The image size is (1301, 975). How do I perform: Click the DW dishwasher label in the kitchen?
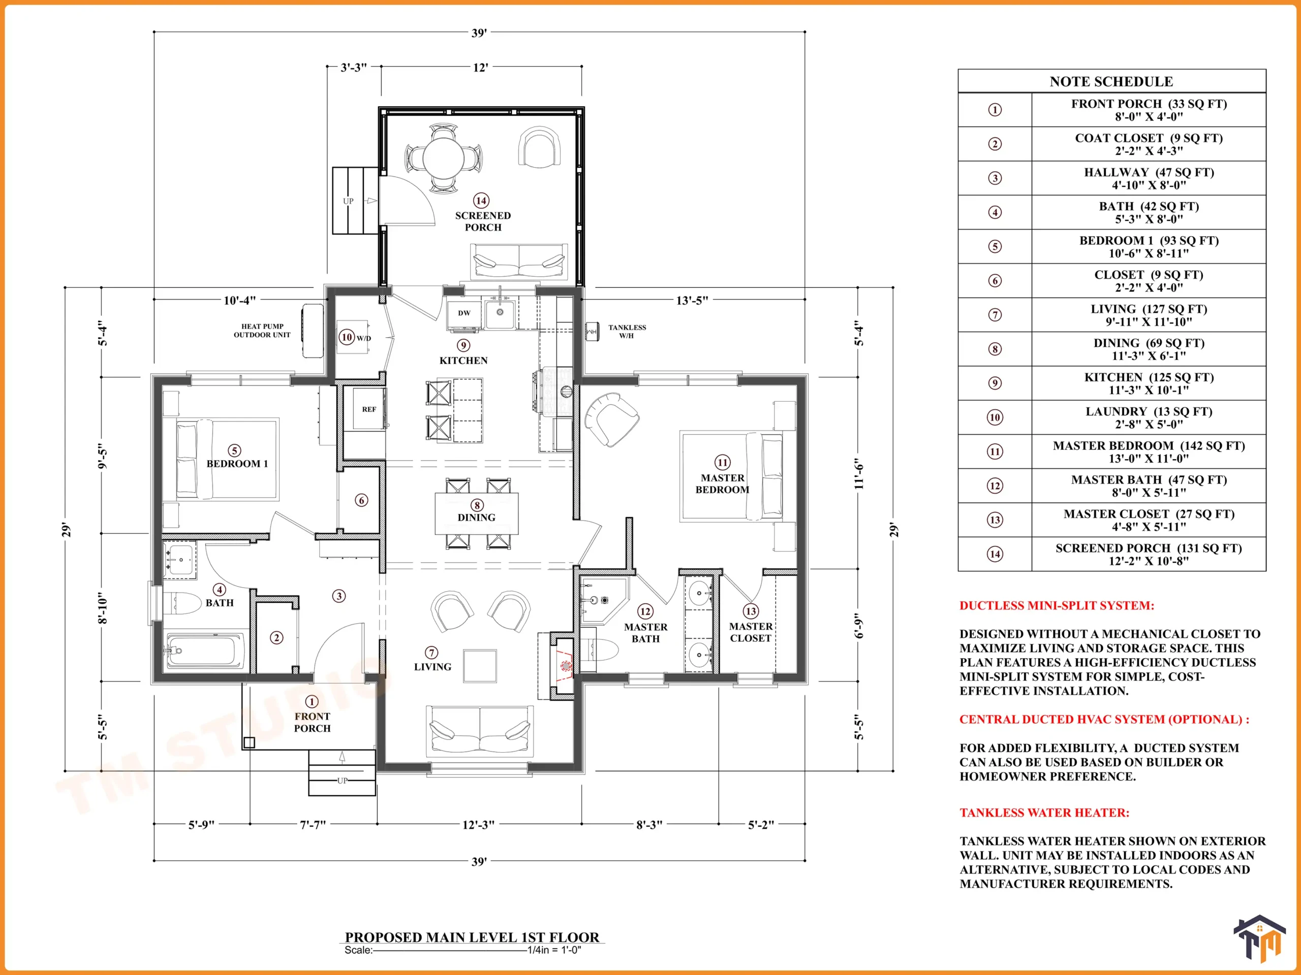(464, 313)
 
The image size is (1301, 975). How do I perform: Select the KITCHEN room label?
(463, 360)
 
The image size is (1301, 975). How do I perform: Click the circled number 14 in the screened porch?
(481, 201)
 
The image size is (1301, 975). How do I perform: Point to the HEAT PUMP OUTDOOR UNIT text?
(262, 330)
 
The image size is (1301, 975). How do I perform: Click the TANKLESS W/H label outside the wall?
(627, 332)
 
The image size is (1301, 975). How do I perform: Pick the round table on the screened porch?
(444, 157)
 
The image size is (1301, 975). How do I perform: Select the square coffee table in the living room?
(480, 665)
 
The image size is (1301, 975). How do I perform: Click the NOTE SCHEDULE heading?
(1111, 81)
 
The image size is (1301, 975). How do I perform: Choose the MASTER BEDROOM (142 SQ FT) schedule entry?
(1149, 451)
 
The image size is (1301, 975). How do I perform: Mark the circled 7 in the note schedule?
(995, 315)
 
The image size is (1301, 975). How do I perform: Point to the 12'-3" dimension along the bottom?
(478, 825)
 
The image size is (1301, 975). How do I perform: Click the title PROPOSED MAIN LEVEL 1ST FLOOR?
(472, 937)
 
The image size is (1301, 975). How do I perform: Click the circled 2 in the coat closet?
(276, 638)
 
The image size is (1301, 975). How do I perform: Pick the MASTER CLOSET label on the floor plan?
(751, 632)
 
